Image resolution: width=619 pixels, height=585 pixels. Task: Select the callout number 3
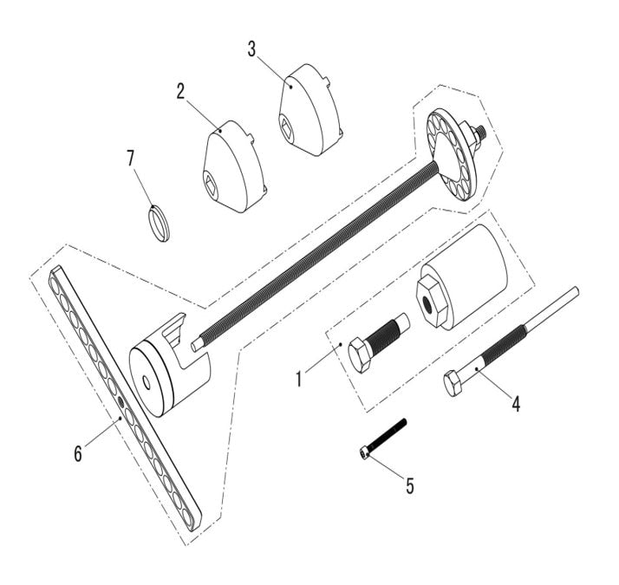click(251, 48)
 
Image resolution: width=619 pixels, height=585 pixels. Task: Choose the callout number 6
click(78, 452)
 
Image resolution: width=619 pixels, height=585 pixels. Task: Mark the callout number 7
click(131, 159)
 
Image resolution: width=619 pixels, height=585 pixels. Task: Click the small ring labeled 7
click(156, 222)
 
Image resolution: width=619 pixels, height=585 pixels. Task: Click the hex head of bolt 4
click(454, 382)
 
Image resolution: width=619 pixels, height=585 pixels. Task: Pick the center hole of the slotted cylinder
click(145, 380)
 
